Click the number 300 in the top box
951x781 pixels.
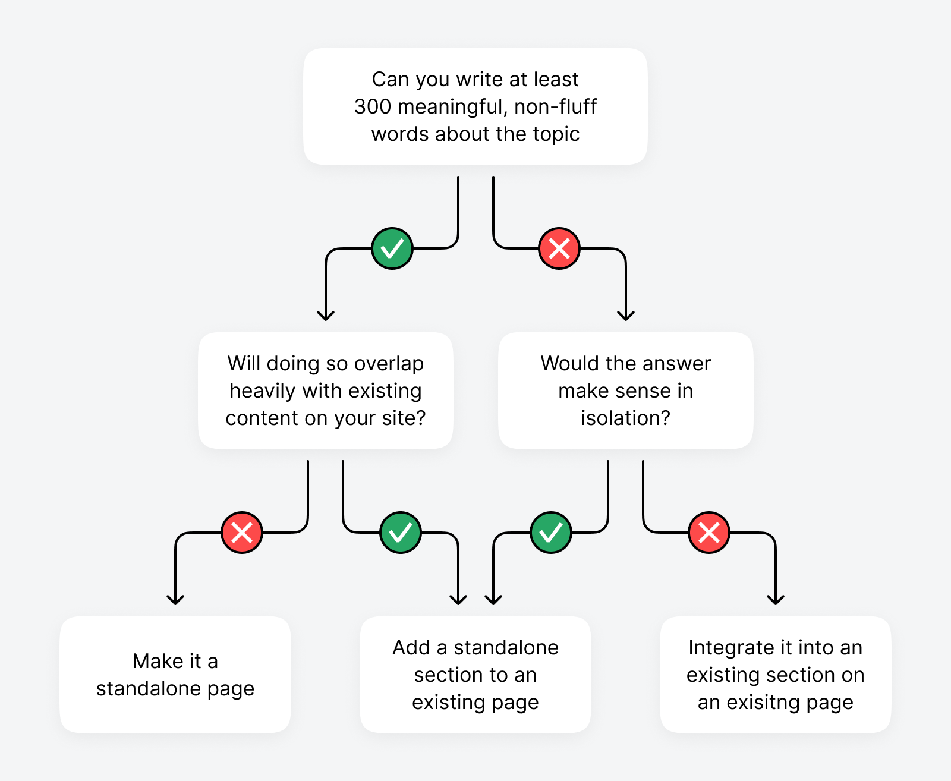(373, 107)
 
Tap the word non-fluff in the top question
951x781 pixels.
(555, 107)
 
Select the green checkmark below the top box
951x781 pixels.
(392, 248)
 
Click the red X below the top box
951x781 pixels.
(559, 248)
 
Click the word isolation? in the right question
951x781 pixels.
(626, 418)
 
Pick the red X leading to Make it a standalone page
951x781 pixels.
(242, 533)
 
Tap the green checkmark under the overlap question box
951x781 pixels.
(401, 533)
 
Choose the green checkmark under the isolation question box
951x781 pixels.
(551, 533)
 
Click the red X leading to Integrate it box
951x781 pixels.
(709, 533)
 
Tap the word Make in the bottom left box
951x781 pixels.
(152, 661)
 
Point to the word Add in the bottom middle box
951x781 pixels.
(411, 647)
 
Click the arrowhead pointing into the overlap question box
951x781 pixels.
(326, 316)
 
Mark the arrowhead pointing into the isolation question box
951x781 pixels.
(626, 316)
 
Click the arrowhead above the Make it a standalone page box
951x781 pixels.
(175, 600)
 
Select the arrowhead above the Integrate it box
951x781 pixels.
(776, 600)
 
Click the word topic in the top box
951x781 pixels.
(556, 134)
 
